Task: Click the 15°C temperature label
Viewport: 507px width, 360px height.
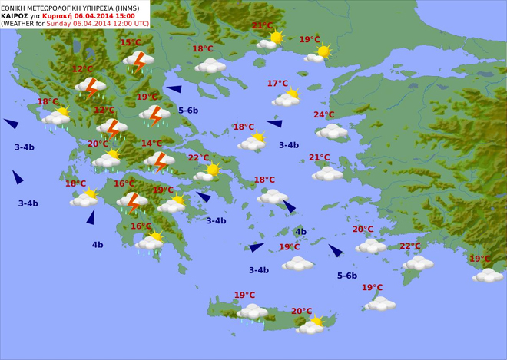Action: tap(131, 43)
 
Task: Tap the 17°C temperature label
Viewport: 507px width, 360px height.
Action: tap(277, 84)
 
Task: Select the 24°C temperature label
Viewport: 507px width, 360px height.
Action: tap(324, 115)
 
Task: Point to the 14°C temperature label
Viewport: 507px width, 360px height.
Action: tap(151, 144)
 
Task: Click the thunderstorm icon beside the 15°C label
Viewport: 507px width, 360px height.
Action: tap(139, 61)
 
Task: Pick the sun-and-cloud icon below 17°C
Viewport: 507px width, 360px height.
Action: tap(287, 98)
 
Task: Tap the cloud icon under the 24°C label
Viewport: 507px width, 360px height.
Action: tap(333, 131)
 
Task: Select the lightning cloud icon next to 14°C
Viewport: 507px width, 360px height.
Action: tap(159, 162)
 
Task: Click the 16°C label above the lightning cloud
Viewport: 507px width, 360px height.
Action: tap(124, 184)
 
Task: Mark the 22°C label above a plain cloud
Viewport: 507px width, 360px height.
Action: tap(410, 246)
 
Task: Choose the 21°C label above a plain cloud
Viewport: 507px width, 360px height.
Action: tap(320, 158)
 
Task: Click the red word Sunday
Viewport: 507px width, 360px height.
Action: tap(59, 23)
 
